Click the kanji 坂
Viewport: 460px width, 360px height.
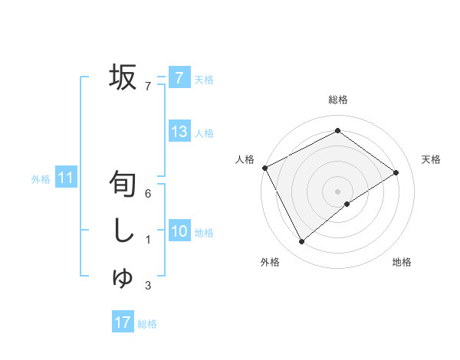(x=123, y=77)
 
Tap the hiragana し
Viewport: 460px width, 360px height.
(x=123, y=231)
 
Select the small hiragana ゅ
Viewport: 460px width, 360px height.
(x=122, y=278)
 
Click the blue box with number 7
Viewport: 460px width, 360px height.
(x=179, y=77)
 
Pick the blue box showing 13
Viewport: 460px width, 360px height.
(x=179, y=131)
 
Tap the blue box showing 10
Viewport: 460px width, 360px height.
(x=179, y=231)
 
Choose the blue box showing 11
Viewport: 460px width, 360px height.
(x=66, y=178)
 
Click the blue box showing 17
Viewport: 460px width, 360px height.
(x=122, y=322)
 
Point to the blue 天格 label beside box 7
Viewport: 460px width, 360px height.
(x=204, y=79)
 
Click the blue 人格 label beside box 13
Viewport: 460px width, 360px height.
(x=204, y=133)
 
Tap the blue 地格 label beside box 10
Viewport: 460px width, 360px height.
(x=204, y=233)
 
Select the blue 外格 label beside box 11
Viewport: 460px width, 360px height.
(x=41, y=180)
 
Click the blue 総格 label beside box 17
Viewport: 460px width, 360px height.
(x=147, y=325)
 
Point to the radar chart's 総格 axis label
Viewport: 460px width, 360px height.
(x=337, y=100)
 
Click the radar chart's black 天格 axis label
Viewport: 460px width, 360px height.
(x=431, y=159)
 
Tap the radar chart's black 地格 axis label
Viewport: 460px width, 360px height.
(x=402, y=262)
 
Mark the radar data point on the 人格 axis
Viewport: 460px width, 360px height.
(x=264, y=168)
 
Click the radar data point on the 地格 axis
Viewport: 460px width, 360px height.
(x=347, y=204)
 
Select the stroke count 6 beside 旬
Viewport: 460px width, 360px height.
(x=147, y=194)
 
